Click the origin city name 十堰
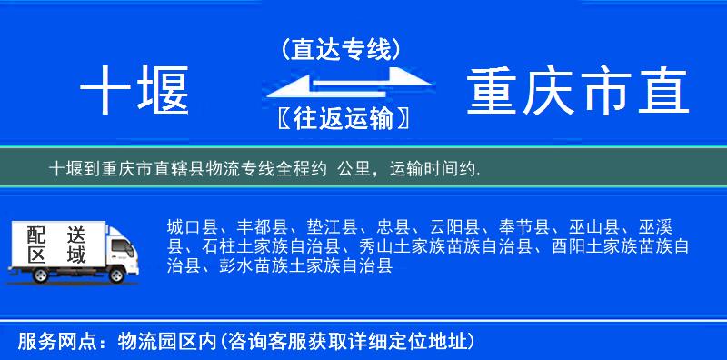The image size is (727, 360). point(134,92)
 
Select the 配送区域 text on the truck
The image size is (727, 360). point(55,245)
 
